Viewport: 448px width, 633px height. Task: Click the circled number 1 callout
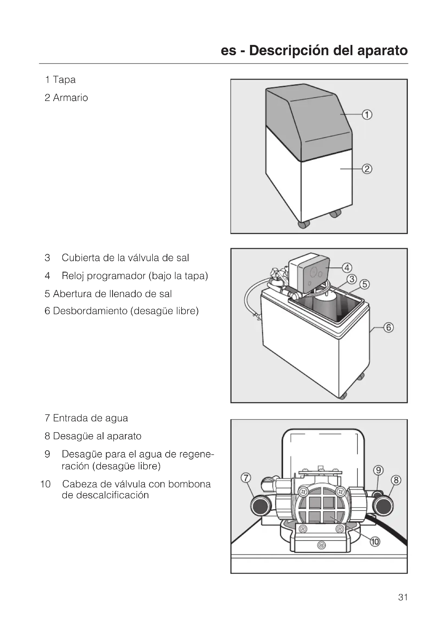pos(367,114)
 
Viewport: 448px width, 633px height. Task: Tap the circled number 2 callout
pos(367,169)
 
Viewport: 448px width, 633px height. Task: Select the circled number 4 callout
pos(347,268)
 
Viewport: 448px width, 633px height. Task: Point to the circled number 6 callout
pos(389,327)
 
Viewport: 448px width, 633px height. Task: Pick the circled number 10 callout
pos(375,542)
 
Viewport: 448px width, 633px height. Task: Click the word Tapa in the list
pos(64,80)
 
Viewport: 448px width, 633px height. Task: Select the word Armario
pos(70,98)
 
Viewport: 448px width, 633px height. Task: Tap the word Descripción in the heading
pos(289,51)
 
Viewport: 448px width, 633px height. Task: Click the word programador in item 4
pos(116,276)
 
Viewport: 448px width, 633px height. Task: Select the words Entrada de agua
pos(90,418)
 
